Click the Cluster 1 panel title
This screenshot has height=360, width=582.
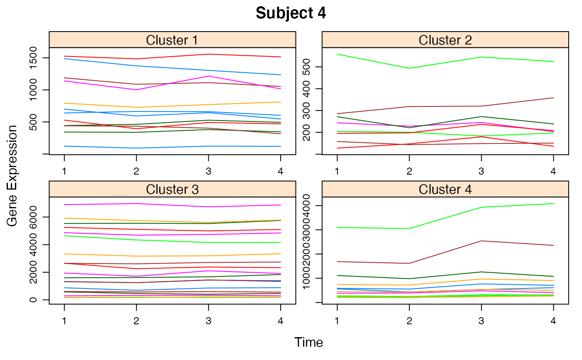172,40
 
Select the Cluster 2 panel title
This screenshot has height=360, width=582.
445,40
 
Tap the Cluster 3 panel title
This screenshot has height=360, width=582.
172,189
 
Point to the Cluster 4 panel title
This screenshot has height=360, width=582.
445,189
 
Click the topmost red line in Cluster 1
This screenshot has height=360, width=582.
100,57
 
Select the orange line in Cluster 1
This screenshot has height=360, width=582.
100,105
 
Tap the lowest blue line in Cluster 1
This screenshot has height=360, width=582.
100,147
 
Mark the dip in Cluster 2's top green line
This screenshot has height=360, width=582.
409,68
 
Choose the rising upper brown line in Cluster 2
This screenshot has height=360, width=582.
518,102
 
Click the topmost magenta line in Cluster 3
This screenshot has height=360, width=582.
100,204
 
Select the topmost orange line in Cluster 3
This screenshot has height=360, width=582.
100,219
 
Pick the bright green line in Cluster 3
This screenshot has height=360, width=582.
100,238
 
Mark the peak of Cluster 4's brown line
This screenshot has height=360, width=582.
482,241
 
